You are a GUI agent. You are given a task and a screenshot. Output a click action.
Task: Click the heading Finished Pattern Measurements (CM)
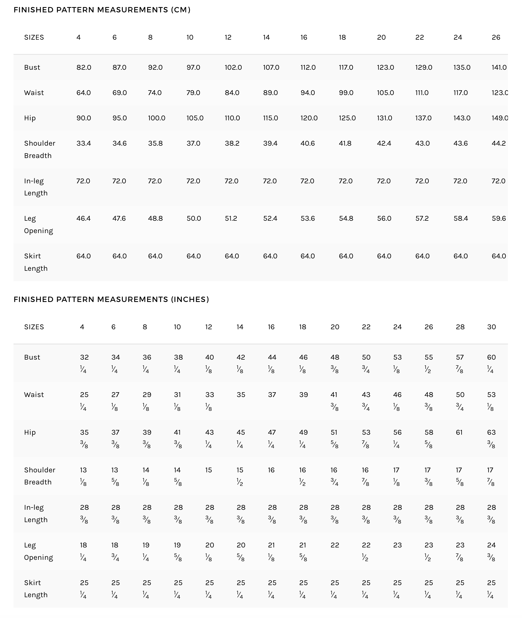tap(102, 10)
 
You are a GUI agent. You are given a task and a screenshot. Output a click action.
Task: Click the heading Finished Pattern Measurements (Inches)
tap(111, 299)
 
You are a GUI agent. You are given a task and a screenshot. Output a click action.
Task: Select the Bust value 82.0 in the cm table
tap(84, 67)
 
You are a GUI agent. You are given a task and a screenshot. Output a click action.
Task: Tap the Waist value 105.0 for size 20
tap(385, 93)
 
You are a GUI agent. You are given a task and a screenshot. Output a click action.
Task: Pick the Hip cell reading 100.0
tap(156, 118)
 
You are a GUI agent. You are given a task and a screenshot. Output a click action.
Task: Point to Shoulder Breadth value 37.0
tap(193, 143)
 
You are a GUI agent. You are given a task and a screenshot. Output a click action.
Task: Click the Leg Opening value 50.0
tap(194, 218)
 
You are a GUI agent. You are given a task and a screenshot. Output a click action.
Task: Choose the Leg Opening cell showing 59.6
tap(499, 218)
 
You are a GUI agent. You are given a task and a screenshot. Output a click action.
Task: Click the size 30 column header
tap(491, 327)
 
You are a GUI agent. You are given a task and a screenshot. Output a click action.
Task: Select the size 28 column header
tap(460, 327)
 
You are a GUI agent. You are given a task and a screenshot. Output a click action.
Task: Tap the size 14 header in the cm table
tap(266, 37)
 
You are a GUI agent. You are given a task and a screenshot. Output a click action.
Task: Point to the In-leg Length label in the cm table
tap(35, 187)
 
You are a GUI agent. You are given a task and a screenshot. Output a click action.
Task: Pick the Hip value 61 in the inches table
tap(459, 432)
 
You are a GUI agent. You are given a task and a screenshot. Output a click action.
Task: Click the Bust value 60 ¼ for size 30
tap(491, 363)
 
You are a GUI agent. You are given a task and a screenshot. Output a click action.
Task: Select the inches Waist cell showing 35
tap(241, 395)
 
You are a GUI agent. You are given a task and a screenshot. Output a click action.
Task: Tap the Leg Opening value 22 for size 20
tap(335, 545)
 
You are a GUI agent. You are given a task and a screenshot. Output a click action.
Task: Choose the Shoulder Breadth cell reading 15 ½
tap(240, 476)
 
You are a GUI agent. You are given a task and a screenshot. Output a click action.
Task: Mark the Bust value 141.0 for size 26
tap(499, 67)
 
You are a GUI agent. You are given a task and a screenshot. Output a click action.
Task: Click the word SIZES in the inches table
tap(34, 327)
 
